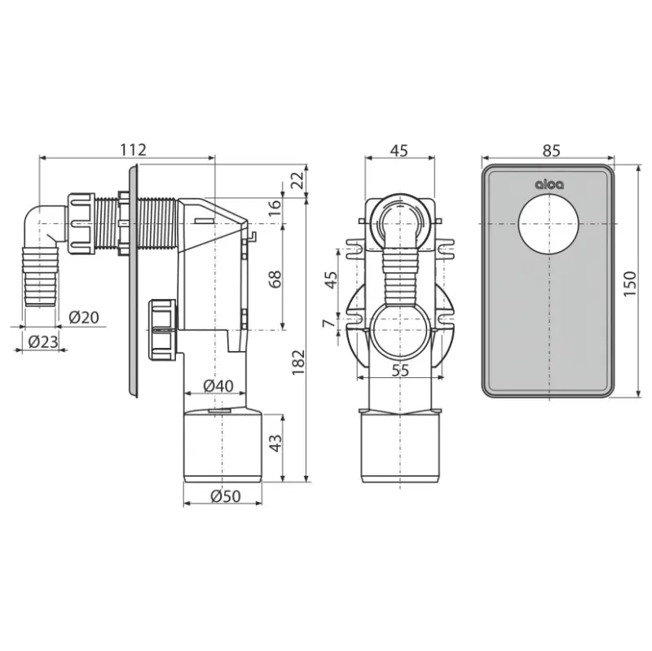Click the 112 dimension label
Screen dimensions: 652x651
coord(133,150)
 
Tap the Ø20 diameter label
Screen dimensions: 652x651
coord(84,318)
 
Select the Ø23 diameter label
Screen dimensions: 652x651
coord(43,342)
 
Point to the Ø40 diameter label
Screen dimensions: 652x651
coord(218,386)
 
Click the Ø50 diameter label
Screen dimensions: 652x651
coord(226,496)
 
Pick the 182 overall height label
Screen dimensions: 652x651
coord(298,363)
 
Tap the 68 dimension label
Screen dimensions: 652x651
coord(275,279)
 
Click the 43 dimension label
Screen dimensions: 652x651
coord(275,443)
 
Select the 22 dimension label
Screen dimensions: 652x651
coord(298,180)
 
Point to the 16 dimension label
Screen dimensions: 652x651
coord(275,207)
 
